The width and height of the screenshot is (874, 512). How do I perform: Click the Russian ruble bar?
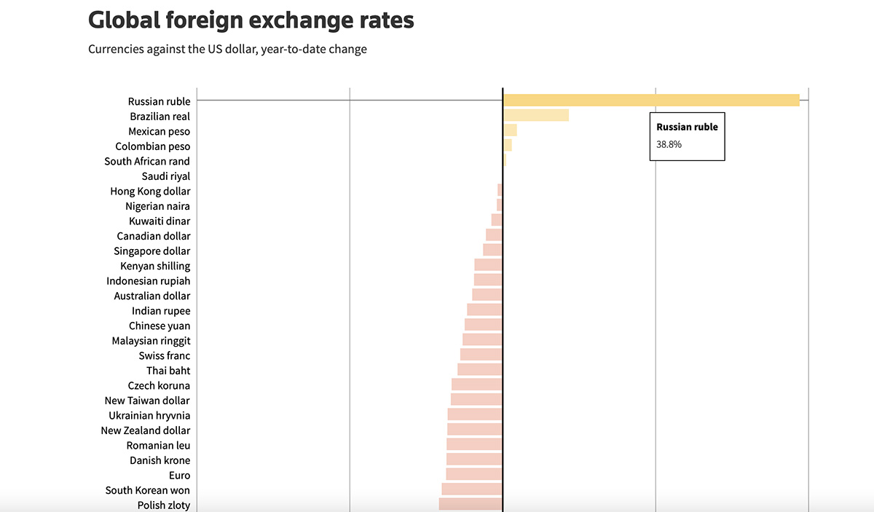651,101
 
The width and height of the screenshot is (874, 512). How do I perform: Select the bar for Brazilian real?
536,115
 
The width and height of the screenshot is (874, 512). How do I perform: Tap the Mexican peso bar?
510,130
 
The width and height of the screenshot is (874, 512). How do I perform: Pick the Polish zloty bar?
471,504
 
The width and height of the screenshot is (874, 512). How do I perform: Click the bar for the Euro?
474,475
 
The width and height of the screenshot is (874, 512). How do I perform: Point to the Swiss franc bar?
481,355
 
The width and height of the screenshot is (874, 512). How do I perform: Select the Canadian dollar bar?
494,235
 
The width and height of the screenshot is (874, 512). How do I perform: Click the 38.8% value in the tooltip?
669,144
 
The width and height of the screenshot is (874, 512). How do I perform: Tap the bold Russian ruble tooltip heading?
687,127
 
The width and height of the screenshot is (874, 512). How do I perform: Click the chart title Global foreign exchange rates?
251,20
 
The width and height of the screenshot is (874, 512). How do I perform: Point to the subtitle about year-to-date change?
227,50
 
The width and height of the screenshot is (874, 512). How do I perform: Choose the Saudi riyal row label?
166,176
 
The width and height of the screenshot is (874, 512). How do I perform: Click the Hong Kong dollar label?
150,191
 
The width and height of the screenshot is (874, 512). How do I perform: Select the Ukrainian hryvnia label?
149,415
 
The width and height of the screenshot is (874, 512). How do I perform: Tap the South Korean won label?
148,490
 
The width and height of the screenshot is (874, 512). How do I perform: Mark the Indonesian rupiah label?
149,280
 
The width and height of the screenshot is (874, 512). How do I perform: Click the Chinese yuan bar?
484,325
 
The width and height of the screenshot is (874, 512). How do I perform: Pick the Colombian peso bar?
508,146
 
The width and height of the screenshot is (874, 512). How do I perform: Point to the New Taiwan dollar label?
147,400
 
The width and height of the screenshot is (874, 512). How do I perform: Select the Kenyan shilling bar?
488,265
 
